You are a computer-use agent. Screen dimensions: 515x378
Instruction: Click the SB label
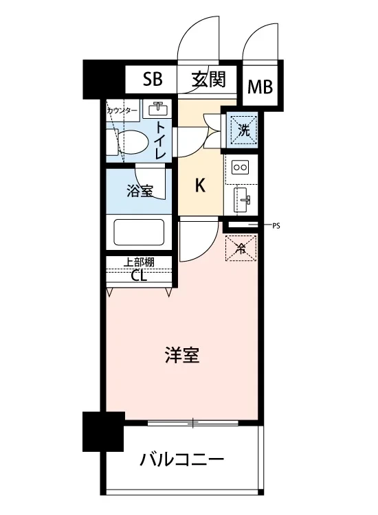(152, 79)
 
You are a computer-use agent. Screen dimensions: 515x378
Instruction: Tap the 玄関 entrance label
(209, 79)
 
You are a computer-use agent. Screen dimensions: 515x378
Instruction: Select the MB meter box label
(260, 87)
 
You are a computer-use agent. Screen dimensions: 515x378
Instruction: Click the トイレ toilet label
(159, 140)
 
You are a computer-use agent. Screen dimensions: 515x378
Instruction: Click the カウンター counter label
(122, 111)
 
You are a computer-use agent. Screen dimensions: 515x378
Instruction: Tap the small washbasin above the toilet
(159, 108)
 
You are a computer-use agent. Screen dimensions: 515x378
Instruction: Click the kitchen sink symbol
(243, 200)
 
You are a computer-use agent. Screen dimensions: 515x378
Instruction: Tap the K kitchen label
(201, 185)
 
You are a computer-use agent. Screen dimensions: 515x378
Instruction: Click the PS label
(277, 225)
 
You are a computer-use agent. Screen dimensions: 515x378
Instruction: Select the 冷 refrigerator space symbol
(241, 249)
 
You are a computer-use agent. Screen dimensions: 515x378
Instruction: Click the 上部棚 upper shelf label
(138, 262)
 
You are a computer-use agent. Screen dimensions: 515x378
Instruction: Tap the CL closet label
(138, 276)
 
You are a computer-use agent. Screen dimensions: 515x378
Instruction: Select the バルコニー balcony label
(182, 459)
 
